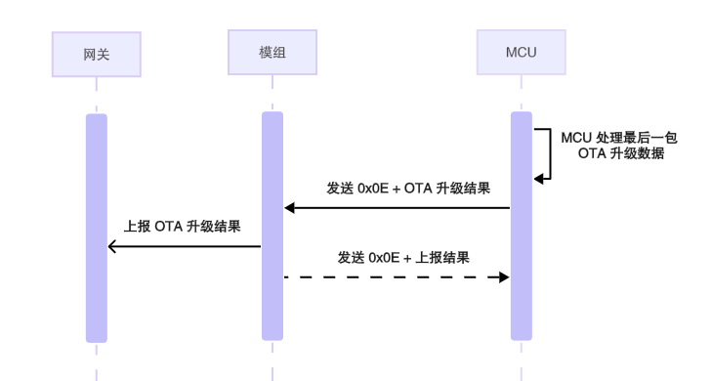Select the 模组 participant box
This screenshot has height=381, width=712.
272,51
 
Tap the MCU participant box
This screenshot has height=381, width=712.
521,51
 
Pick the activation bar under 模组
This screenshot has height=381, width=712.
272,226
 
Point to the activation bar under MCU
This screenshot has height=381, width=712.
522,226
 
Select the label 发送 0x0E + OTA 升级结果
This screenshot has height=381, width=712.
407,188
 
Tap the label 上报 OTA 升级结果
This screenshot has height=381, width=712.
182,226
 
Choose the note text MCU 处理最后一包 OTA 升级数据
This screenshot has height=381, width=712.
618,146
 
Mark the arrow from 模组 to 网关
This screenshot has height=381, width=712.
186,246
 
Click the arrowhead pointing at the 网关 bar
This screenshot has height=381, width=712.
112,246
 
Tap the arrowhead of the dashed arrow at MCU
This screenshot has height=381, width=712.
505,277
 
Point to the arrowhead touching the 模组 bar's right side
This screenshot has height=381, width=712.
289,207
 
